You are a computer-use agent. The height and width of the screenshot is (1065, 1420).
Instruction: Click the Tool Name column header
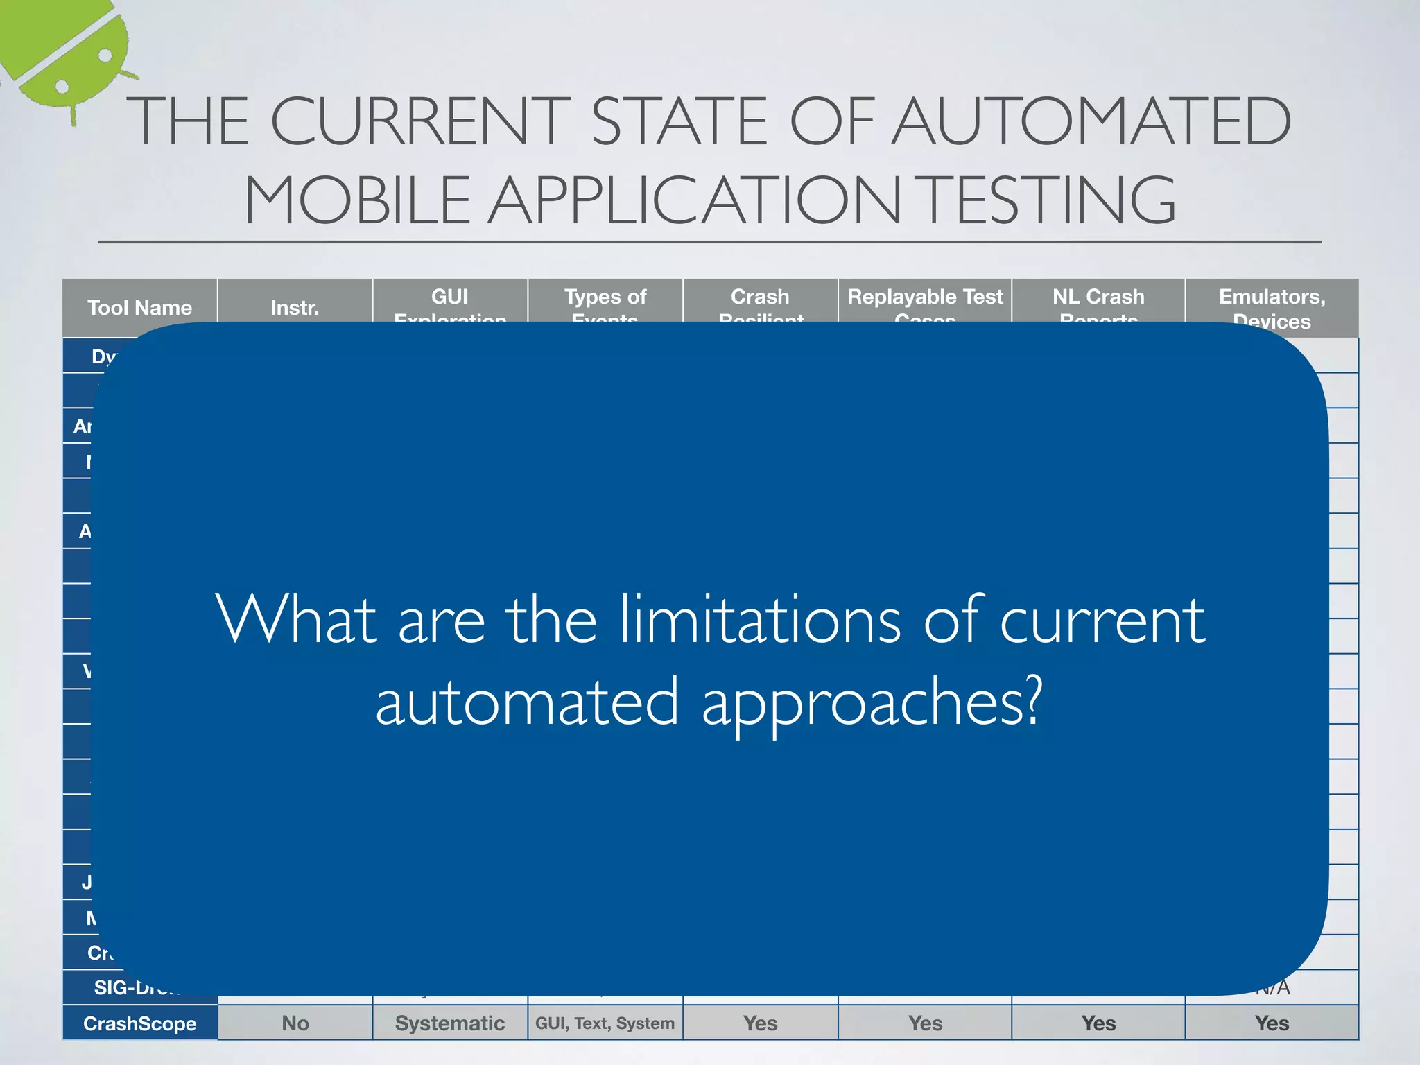pos(139,307)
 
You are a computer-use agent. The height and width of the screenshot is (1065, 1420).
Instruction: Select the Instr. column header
pos(295,307)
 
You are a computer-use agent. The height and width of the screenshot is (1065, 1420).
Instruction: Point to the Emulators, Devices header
pos(1272,308)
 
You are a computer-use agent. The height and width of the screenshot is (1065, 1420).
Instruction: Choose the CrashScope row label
pos(139,1023)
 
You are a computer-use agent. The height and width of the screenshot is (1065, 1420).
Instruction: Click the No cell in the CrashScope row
pos(295,1023)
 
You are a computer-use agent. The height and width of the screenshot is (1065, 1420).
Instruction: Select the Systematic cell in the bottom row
pos(450,1023)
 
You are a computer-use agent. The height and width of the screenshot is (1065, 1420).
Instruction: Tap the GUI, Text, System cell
pos(605,1023)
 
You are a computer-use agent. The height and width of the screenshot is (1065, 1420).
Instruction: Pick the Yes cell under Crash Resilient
pos(761,1023)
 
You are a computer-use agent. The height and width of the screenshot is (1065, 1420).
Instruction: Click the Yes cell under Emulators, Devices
pos(1272,1023)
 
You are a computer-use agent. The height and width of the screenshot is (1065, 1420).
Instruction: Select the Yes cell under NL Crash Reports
pos(1098,1023)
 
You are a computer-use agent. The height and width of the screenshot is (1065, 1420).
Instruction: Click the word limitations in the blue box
pos(759,619)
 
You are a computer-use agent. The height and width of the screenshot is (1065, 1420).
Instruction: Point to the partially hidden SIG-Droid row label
pos(135,987)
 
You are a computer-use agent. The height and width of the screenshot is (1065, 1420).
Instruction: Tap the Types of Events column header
pos(605,302)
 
